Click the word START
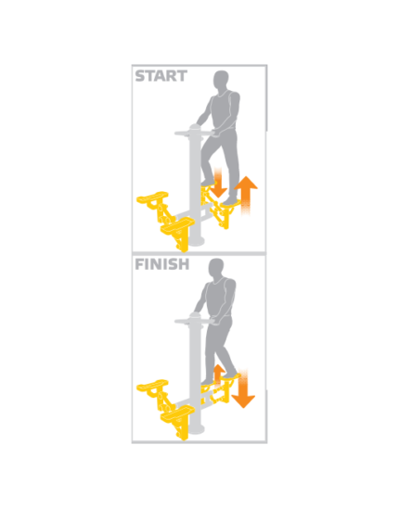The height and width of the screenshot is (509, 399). click(x=161, y=76)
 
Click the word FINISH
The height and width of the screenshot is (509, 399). click(x=162, y=264)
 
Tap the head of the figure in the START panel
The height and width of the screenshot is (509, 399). click(x=221, y=80)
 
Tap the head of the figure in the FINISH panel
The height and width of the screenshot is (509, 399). click(x=216, y=268)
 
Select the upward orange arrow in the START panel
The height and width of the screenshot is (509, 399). click(x=246, y=196)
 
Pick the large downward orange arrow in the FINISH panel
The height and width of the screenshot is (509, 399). click(x=243, y=388)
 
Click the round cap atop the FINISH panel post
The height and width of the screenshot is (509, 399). click(x=196, y=315)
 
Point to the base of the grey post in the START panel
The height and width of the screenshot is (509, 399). click(x=196, y=242)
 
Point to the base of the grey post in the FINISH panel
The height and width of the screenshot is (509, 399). click(x=196, y=430)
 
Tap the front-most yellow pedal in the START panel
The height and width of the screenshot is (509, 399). click(x=178, y=224)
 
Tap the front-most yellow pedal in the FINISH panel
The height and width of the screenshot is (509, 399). click(x=178, y=413)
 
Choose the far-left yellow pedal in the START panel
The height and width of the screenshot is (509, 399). click(x=152, y=197)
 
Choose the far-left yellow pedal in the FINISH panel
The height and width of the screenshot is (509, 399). click(x=152, y=386)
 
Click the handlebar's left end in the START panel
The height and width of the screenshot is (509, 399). click(x=176, y=134)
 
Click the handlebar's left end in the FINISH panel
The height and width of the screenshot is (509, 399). click(x=176, y=322)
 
